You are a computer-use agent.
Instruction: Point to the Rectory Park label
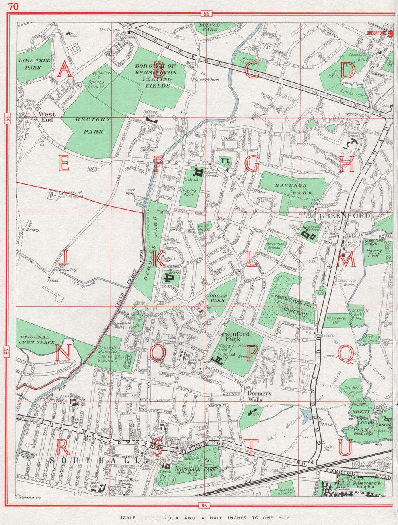point(92,125)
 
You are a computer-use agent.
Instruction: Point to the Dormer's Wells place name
point(259,394)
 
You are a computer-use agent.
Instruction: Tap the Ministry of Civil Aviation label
point(67,194)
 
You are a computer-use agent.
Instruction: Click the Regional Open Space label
point(36,340)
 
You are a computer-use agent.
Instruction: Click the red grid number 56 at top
point(206,14)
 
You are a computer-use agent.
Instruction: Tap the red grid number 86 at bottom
point(205,506)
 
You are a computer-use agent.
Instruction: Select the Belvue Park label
point(210,27)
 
